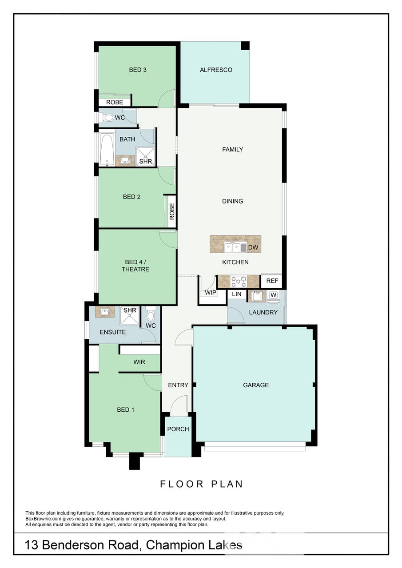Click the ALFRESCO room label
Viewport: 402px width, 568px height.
(x=216, y=70)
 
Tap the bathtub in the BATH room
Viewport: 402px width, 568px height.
(x=107, y=149)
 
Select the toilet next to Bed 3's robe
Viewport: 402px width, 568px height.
(x=107, y=118)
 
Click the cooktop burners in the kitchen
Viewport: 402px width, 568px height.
(x=239, y=282)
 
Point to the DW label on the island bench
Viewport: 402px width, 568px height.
(x=253, y=247)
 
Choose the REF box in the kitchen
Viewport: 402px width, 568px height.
(x=272, y=281)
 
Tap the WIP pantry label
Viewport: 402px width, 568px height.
(x=211, y=292)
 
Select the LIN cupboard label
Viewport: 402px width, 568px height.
(x=236, y=294)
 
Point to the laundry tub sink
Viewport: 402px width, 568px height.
(x=256, y=296)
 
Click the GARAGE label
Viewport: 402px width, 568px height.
(x=256, y=385)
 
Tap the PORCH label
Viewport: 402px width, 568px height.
(x=178, y=429)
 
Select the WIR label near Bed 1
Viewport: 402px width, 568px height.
(x=139, y=362)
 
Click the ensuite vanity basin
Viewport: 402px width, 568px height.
(x=104, y=312)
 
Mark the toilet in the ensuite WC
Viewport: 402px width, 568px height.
(x=151, y=314)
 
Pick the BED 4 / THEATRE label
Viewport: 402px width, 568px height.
(x=135, y=266)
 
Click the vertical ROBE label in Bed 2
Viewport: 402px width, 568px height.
(x=172, y=211)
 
